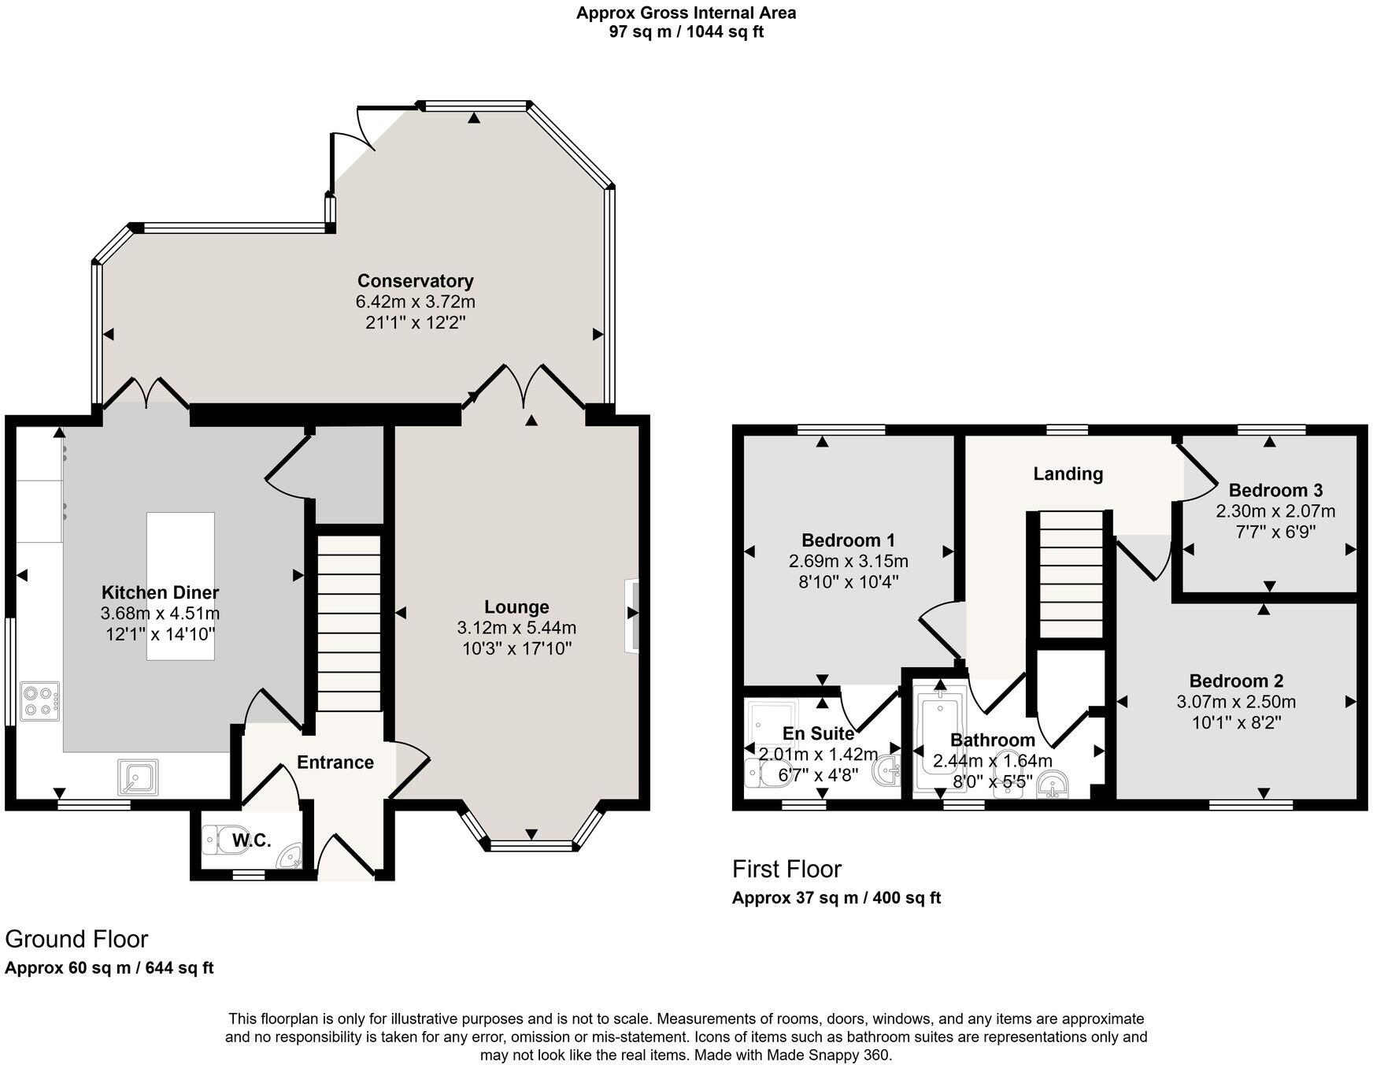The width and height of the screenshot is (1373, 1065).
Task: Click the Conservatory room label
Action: click(x=415, y=281)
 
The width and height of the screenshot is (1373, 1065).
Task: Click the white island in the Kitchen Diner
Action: click(x=180, y=586)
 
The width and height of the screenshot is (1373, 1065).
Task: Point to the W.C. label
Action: click(x=251, y=840)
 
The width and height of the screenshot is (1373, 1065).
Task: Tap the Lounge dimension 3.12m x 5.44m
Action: click(x=516, y=628)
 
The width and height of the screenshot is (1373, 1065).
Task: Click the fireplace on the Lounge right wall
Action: click(x=631, y=616)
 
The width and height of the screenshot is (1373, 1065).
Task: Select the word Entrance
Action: click(x=335, y=763)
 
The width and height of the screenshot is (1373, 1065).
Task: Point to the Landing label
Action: click(x=1068, y=473)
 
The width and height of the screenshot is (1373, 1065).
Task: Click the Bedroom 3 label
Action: click(x=1275, y=490)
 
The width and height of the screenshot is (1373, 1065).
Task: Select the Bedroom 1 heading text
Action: click(x=848, y=540)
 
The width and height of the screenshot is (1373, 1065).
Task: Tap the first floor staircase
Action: click(x=1071, y=573)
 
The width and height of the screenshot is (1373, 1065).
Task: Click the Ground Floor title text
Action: click(x=76, y=939)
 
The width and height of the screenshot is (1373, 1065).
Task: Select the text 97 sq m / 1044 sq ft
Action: click(x=686, y=32)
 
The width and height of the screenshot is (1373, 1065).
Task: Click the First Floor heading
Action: click(x=786, y=869)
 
